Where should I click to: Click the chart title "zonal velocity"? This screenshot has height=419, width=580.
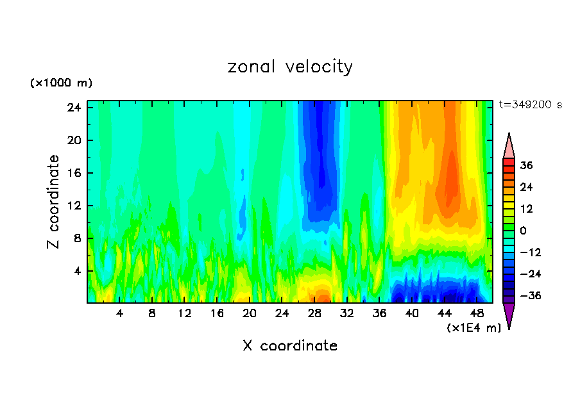click(290, 67)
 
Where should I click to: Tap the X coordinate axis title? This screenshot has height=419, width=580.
click(290, 346)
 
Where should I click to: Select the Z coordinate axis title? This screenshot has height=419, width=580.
click(54, 201)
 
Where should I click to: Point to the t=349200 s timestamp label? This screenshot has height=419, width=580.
click(530, 104)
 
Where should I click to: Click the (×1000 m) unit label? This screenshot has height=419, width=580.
click(61, 83)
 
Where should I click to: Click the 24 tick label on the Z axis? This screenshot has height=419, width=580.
click(74, 108)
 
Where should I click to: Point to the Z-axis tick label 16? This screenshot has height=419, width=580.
click(74, 173)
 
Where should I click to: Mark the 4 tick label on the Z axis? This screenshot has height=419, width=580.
click(78, 271)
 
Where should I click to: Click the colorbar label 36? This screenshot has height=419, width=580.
click(526, 165)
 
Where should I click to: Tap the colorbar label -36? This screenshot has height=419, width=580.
click(525, 296)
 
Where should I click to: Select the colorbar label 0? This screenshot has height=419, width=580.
click(523, 231)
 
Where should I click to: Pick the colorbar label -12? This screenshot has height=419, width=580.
click(525, 252)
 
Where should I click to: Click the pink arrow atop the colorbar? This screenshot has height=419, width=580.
click(509, 146)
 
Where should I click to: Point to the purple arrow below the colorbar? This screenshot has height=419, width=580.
click(509, 315)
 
